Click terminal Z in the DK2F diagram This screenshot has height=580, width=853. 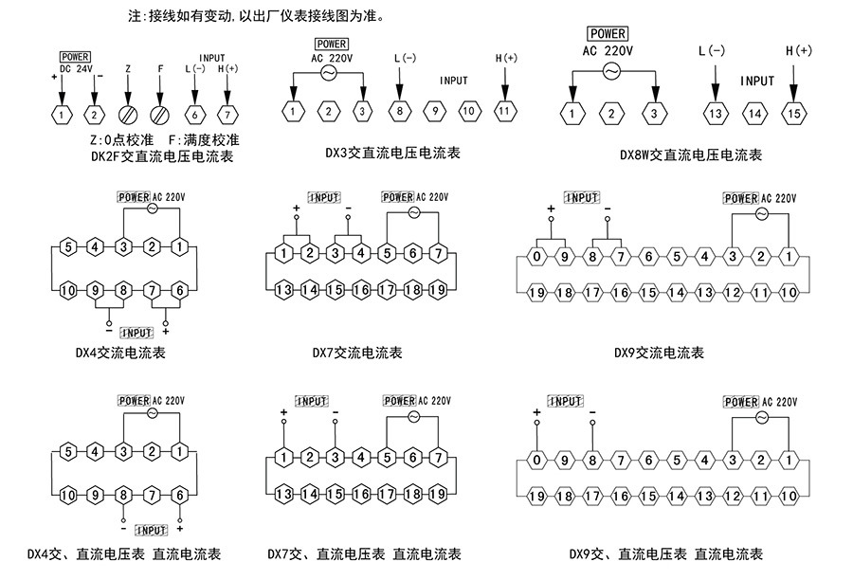(x=128, y=115)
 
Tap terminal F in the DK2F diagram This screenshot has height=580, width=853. (x=161, y=115)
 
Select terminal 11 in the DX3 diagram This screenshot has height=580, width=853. (x=504, y=112)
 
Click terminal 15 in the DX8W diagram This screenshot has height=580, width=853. (x=794, y=114)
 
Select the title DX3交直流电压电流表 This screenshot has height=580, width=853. (x=392, y=152)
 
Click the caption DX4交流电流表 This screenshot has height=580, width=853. (x=120, y=353)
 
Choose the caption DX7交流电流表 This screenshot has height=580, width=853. (x=357, y=353)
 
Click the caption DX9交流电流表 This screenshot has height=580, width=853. (x=659, y=353)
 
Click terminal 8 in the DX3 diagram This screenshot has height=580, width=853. (x=400, y=112)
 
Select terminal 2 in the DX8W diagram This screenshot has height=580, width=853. (x=611, y=114)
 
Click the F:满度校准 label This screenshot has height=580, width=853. (x=202, y=138)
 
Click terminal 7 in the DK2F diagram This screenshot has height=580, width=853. (x=227, y=115)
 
